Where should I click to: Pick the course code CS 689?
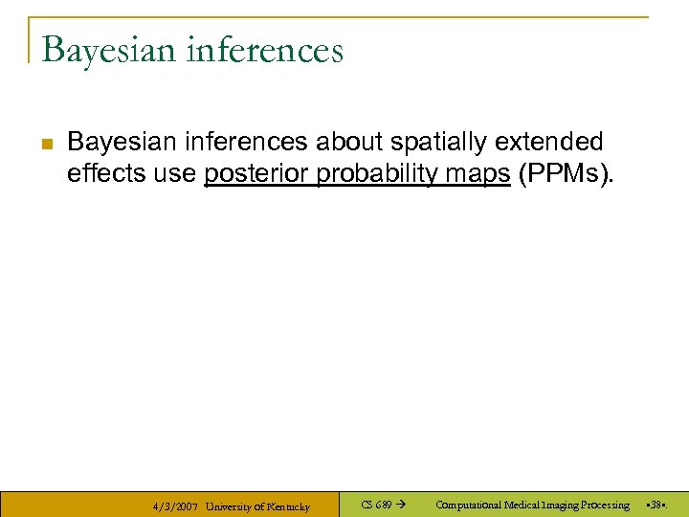[375, 505]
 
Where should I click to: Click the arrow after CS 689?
[401, 505]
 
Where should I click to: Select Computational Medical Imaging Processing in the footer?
[532, 505]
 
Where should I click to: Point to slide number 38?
[656, 505]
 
